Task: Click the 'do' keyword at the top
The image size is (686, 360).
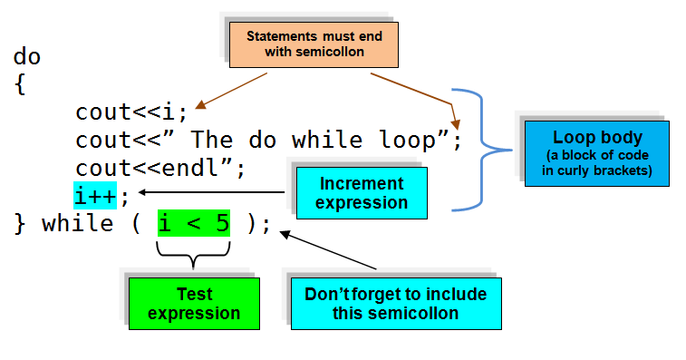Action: pos(27,56)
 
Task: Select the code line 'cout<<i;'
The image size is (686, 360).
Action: pos(131,112)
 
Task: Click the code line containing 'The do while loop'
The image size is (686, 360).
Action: pos(268,141)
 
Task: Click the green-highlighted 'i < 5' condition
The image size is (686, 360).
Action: pos(193,223)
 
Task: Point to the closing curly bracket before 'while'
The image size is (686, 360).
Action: pos(20,223)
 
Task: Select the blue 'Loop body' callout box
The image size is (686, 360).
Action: pos(597,151)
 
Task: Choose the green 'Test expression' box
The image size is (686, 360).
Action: pos(193,303)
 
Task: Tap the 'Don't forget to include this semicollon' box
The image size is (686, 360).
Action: pos(395,303)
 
